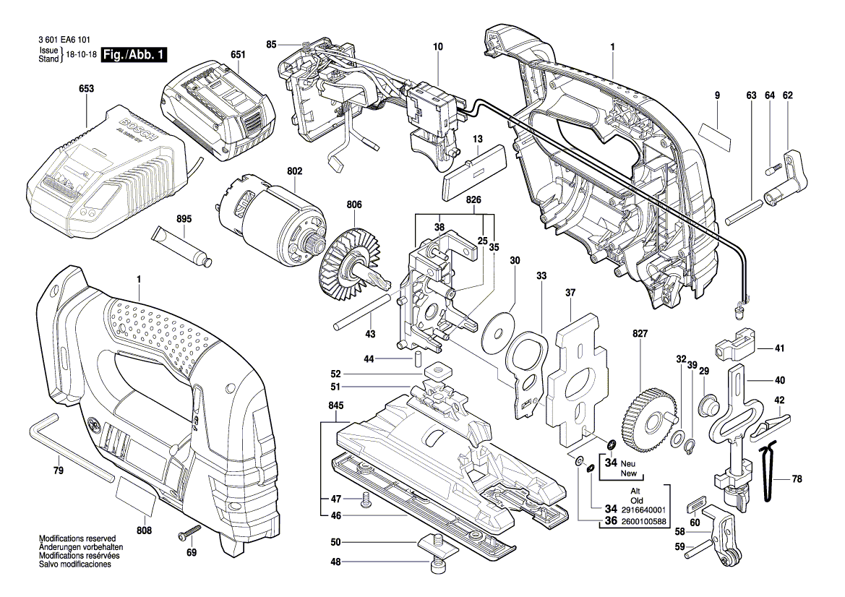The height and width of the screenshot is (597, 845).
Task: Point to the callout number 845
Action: coord(335,406)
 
